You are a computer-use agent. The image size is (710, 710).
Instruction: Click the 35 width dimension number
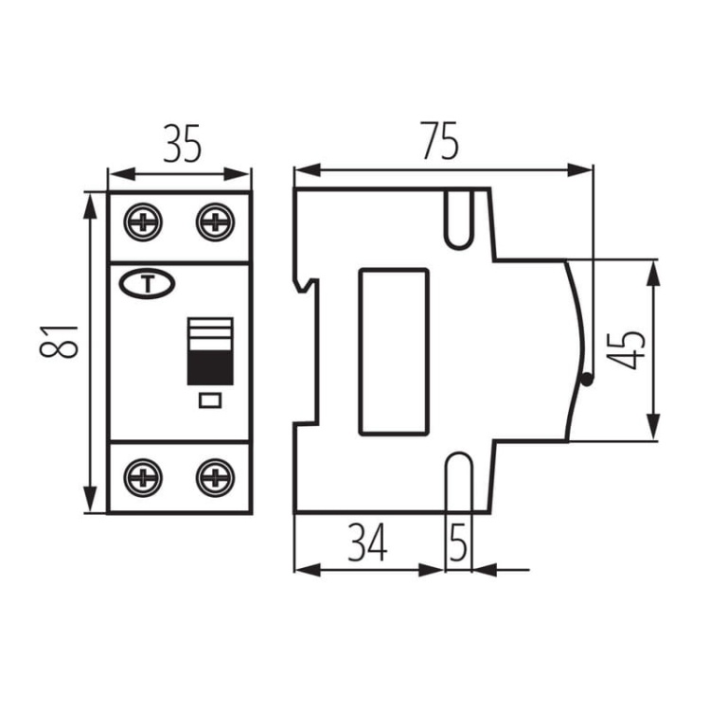182,144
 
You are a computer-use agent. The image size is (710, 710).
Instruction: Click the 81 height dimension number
59,341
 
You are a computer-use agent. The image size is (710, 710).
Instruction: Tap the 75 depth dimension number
440,140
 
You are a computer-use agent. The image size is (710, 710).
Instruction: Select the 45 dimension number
625,349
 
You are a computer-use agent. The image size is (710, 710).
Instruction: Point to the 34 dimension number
367,542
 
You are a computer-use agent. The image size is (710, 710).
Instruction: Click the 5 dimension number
458,542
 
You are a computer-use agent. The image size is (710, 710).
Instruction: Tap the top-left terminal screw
143,222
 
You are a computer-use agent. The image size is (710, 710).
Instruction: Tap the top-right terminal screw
216,222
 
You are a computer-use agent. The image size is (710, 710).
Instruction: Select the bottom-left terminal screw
143,478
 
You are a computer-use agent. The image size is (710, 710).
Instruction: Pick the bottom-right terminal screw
216,478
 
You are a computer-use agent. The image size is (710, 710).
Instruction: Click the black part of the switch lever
210,367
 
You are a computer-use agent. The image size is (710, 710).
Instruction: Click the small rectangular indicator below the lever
210,400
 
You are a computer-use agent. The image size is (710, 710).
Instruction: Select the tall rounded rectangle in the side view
394,352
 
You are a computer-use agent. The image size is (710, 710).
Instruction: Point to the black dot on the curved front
587,380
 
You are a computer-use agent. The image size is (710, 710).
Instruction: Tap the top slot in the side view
459,220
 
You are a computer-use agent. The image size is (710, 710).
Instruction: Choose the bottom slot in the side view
459,482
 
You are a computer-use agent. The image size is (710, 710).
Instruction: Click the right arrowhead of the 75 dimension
580,170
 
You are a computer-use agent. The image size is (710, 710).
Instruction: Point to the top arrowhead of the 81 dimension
91,205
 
